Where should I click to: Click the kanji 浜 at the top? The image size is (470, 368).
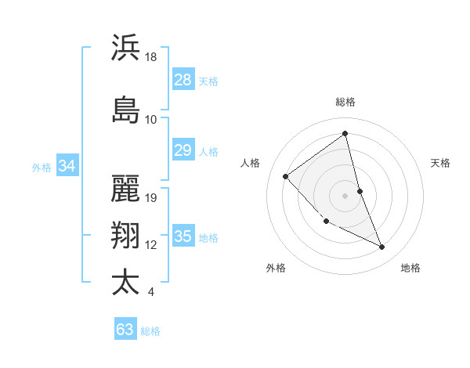pos(125,48)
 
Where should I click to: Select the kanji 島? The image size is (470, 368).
pos(125,109)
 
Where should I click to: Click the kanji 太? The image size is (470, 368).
pos(125,282)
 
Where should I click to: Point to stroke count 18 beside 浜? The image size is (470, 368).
pos(151,57)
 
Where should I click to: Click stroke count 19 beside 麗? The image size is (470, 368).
pos(151,198)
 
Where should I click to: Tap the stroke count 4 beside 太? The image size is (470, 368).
pos(150,293)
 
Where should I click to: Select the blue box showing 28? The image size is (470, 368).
pos(183,80)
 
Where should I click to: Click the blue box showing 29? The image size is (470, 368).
pos(183,150)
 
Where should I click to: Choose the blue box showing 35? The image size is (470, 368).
pos(183,236)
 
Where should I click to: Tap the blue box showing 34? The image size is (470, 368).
pos(67,166)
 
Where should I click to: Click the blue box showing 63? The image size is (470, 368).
pos(125,330)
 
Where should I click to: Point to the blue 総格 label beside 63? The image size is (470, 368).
pos(150,331)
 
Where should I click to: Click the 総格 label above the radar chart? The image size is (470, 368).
pos(345,102)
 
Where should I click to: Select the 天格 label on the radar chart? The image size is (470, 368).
pos(441,163)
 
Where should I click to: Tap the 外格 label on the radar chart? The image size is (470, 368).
pos(276,268)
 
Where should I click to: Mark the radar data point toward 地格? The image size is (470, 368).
pos(382,247)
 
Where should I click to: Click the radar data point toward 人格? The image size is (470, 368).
pos(286,176)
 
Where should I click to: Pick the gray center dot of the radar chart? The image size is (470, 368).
pos(345,196)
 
